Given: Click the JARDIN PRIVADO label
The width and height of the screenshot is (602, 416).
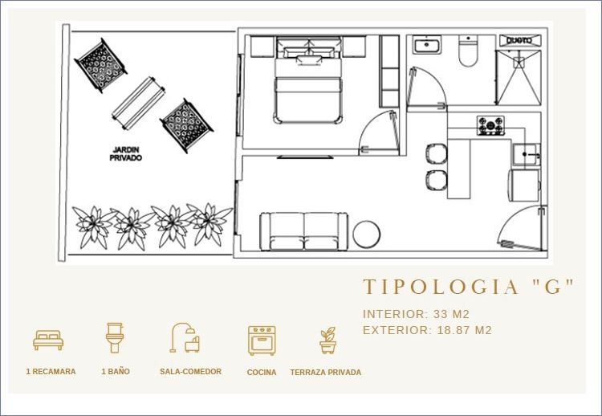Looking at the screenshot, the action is pos(125,153).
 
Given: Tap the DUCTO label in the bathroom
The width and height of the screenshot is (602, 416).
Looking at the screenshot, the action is pos(520,40).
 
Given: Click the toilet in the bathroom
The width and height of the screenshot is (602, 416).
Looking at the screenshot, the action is pos(468,51).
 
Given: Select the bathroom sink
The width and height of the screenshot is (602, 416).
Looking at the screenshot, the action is pos(426,44).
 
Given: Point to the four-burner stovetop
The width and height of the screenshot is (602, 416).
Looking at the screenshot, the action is pos(490,125).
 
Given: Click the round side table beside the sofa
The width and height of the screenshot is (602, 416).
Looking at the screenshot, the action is pos(366,234).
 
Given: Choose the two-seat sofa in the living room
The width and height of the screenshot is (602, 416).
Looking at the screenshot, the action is pos(303,231).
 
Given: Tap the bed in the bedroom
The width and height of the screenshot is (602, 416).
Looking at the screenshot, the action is pos(307,80).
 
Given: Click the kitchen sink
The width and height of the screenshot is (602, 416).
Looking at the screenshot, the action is pos(527,155).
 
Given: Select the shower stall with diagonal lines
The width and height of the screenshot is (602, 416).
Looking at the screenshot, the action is pos(519,77).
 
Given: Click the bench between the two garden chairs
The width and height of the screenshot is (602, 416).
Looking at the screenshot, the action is pos(138,103).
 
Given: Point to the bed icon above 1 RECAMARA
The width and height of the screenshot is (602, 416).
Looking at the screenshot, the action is pos(48,340).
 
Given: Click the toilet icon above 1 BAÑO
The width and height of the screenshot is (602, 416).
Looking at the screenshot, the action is pos(115,337).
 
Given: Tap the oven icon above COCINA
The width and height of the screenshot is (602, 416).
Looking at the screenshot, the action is pos(262,341).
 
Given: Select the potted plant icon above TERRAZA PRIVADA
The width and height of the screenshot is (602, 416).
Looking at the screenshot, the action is pos(327,340).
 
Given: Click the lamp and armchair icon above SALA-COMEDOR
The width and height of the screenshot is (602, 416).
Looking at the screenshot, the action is pos(185,337).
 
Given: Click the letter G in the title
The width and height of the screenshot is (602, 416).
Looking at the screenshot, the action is pos(553,287).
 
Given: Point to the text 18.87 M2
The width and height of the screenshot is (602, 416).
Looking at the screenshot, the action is pos(465,330).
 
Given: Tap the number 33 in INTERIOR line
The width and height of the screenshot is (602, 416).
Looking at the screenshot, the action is pos(441,314).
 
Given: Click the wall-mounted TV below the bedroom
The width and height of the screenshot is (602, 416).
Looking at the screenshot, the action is pos(305,157).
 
